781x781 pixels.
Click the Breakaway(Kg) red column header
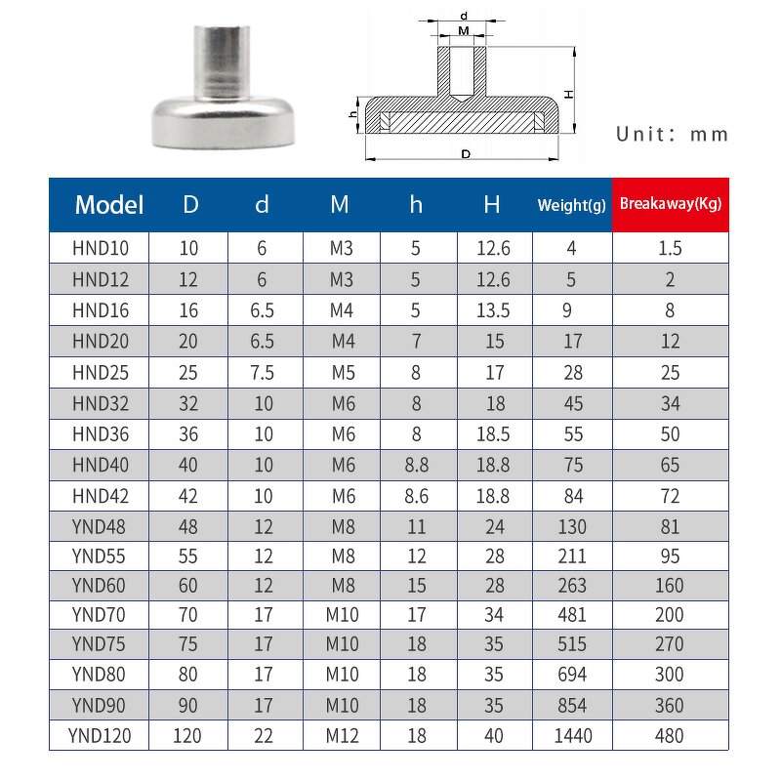670,204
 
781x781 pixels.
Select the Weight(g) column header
571,204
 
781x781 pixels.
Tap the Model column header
109,205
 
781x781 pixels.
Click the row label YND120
99,736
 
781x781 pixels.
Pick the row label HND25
99,372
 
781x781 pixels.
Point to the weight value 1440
571,736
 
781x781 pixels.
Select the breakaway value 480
670,736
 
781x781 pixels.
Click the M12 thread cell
340,736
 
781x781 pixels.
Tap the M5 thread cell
340,372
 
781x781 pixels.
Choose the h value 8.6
416,497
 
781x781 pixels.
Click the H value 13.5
493,310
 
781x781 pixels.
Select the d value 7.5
262,372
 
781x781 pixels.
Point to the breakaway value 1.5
670,248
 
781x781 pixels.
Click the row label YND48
99,528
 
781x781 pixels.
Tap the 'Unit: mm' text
672,135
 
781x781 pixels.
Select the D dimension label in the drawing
466,154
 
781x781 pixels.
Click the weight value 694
571,674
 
